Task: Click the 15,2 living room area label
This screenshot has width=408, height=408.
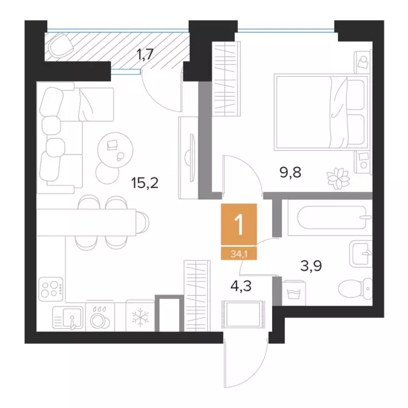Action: tap(144, 183)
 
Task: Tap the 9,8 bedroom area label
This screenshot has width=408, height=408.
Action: tap(291, 172)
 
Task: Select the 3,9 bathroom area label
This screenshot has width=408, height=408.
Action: tap(311, 266)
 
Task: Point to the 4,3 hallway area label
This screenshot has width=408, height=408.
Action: tap(241, 286)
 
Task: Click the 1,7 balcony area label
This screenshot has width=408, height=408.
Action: tap(145, 54)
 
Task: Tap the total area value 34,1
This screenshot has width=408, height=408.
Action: tap(239, 254)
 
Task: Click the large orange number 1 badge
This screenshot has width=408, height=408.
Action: tap(239, 224)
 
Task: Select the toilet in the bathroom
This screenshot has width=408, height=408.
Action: tap(355, 288)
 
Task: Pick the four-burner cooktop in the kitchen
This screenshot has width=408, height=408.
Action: tap(51, 289)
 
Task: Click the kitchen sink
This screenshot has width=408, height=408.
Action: tap(68, 317)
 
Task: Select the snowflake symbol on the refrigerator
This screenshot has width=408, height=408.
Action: tap(140, 318)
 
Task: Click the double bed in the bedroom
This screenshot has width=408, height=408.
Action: tap(321, 112)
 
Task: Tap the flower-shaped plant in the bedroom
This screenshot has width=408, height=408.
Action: tap(338, 178)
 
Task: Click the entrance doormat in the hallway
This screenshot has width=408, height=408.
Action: tap(243, 314)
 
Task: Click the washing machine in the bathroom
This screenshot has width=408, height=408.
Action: tap(294, 293)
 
